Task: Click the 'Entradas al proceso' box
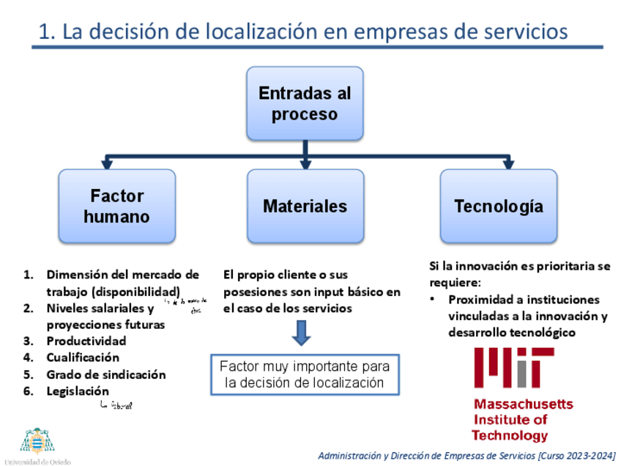pyautogui.click(x=305, y=103)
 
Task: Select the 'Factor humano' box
pyautogui.click(x=116, y=206)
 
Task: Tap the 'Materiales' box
pyautogui.click(x=305, y=206)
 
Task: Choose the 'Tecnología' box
pyautogui.click(x=498, y=206)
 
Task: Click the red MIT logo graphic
pyautogui.click(x=513, y=368)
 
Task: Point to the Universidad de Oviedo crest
pyautogui.click(x=37, y=442)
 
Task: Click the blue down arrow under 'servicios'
pyautogui.click(x=301, y=333)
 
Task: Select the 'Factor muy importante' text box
pyautogui.click(x=305, y=374)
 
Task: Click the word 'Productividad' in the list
pyautogui.click(x=86, y=341)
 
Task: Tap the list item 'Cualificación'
pyautogui.click(x=83, y=358)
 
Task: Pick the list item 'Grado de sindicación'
pyautogui.click(x=106, y=374)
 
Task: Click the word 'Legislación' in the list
pyautogui.click(x=78, y=391)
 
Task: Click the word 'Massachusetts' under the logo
pyautogui.click(x=523, y=404)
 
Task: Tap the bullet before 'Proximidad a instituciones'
pyautogui.click(x=434, y=300)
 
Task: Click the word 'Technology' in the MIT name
pyautogui.click(x=509, y=436)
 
